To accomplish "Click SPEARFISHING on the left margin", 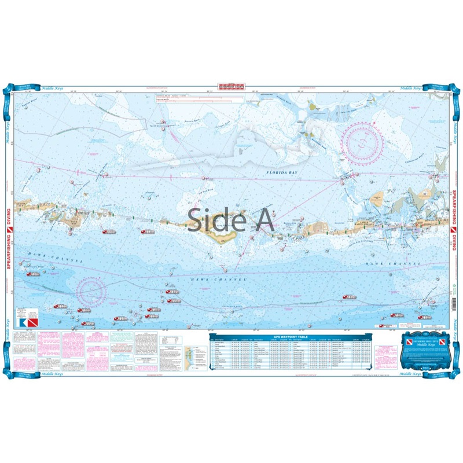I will coord(8,237).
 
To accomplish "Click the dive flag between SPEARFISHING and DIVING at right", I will coord(454,233).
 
